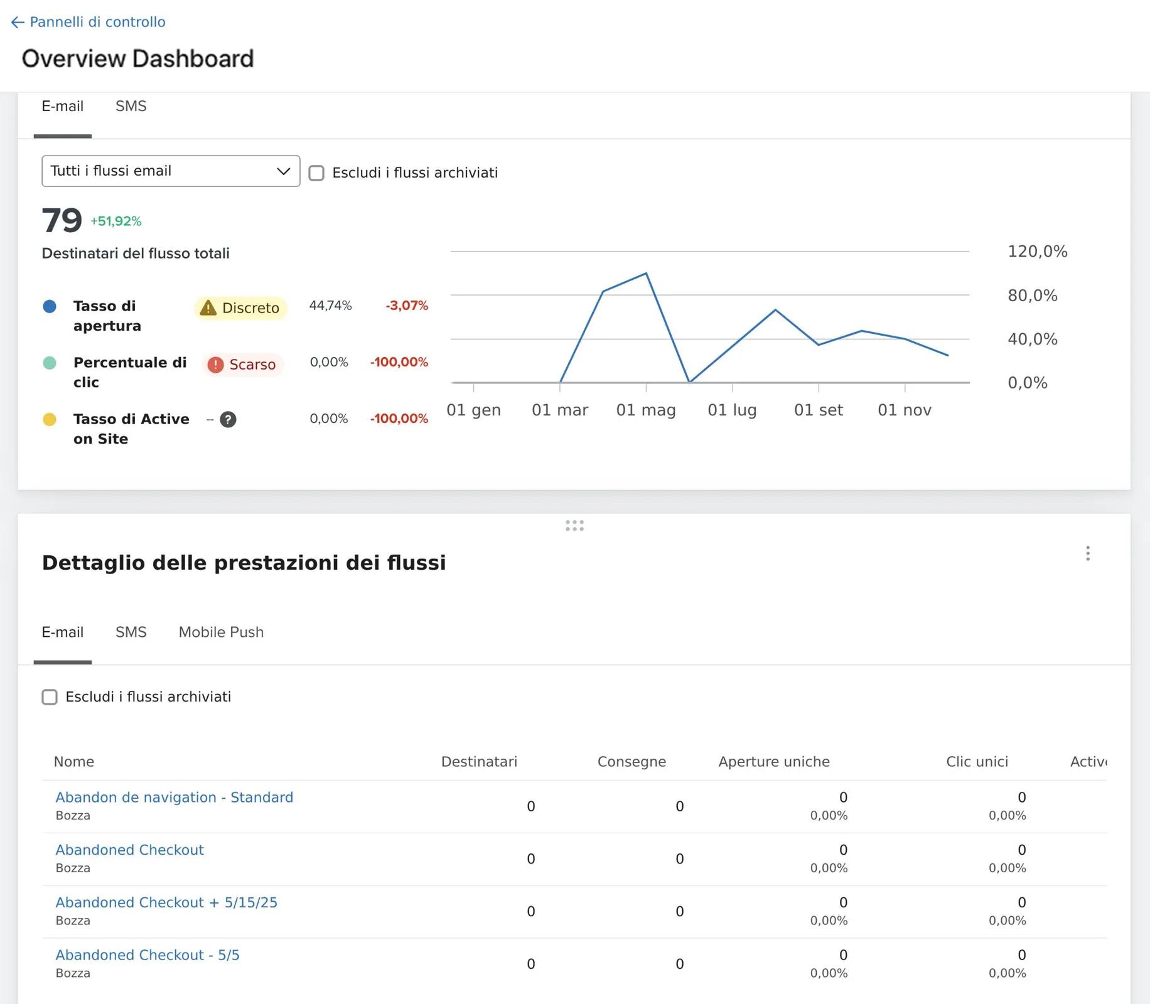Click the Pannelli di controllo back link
tap(89, 22)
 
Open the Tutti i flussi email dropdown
tap(171, 171)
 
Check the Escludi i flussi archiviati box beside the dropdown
tap(316, 173)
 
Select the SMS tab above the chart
tap(131, 106)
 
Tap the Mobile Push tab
tap(221, 632)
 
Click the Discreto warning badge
tap(241, 308)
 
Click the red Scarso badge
tap(243, 365)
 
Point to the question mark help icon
tap(228, 419)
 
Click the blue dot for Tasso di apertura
tap(50, 306)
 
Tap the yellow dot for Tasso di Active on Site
tap(50, 419)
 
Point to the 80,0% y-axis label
tap(1033, 295)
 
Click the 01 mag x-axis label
tap(646, 410)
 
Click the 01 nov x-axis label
tap(905, 410)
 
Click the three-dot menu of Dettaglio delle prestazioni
tap(1088, 553)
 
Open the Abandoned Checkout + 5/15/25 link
tap(166, 902)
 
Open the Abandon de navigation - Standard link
tap(175, 797)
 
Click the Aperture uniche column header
tap(774, 761)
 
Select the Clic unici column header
tap(977, 761)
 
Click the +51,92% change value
tap(116, 221)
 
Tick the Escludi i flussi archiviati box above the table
tap(50, 697)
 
